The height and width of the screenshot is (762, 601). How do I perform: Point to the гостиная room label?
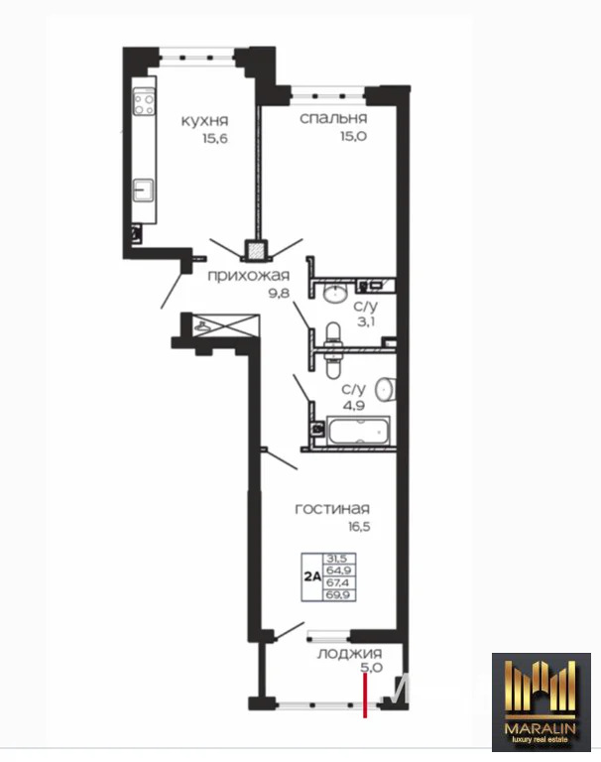click(333, 509)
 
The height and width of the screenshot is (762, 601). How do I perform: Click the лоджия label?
click(350, 654)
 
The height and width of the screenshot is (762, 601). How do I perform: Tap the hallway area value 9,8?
click(279, 294)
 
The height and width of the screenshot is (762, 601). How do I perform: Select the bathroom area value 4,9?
click(354, 405)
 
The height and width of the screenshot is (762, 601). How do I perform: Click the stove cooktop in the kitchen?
click(145, 102)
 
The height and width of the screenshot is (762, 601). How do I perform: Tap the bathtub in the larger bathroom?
click(357, 432)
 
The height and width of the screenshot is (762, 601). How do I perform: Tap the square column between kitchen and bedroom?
click(258, 251)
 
